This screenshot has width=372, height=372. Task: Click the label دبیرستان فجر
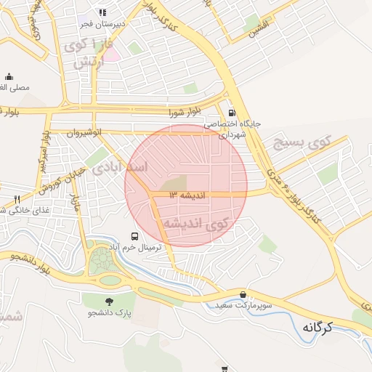point(102,23)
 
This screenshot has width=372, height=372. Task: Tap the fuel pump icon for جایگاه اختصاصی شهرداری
point(232,113)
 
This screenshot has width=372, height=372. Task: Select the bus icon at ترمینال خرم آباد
point(134,236)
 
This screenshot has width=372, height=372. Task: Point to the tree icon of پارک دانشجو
point(109,302)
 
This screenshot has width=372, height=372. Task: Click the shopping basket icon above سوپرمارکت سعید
point(243,294)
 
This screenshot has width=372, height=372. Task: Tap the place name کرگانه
point(319,327)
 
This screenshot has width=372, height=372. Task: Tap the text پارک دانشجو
point(109,313)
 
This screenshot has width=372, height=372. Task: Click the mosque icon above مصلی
point(9,76)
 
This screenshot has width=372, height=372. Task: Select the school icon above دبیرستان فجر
point(102,12)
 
